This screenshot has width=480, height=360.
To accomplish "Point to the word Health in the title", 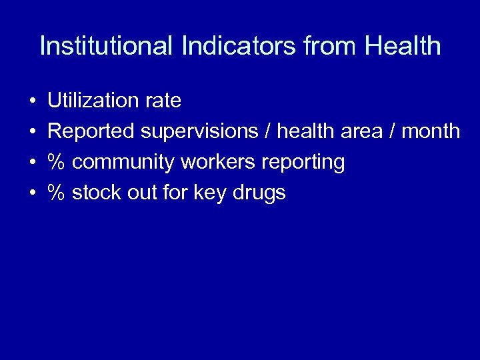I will coord(403,46).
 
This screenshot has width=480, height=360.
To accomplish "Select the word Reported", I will coord(91,132).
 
